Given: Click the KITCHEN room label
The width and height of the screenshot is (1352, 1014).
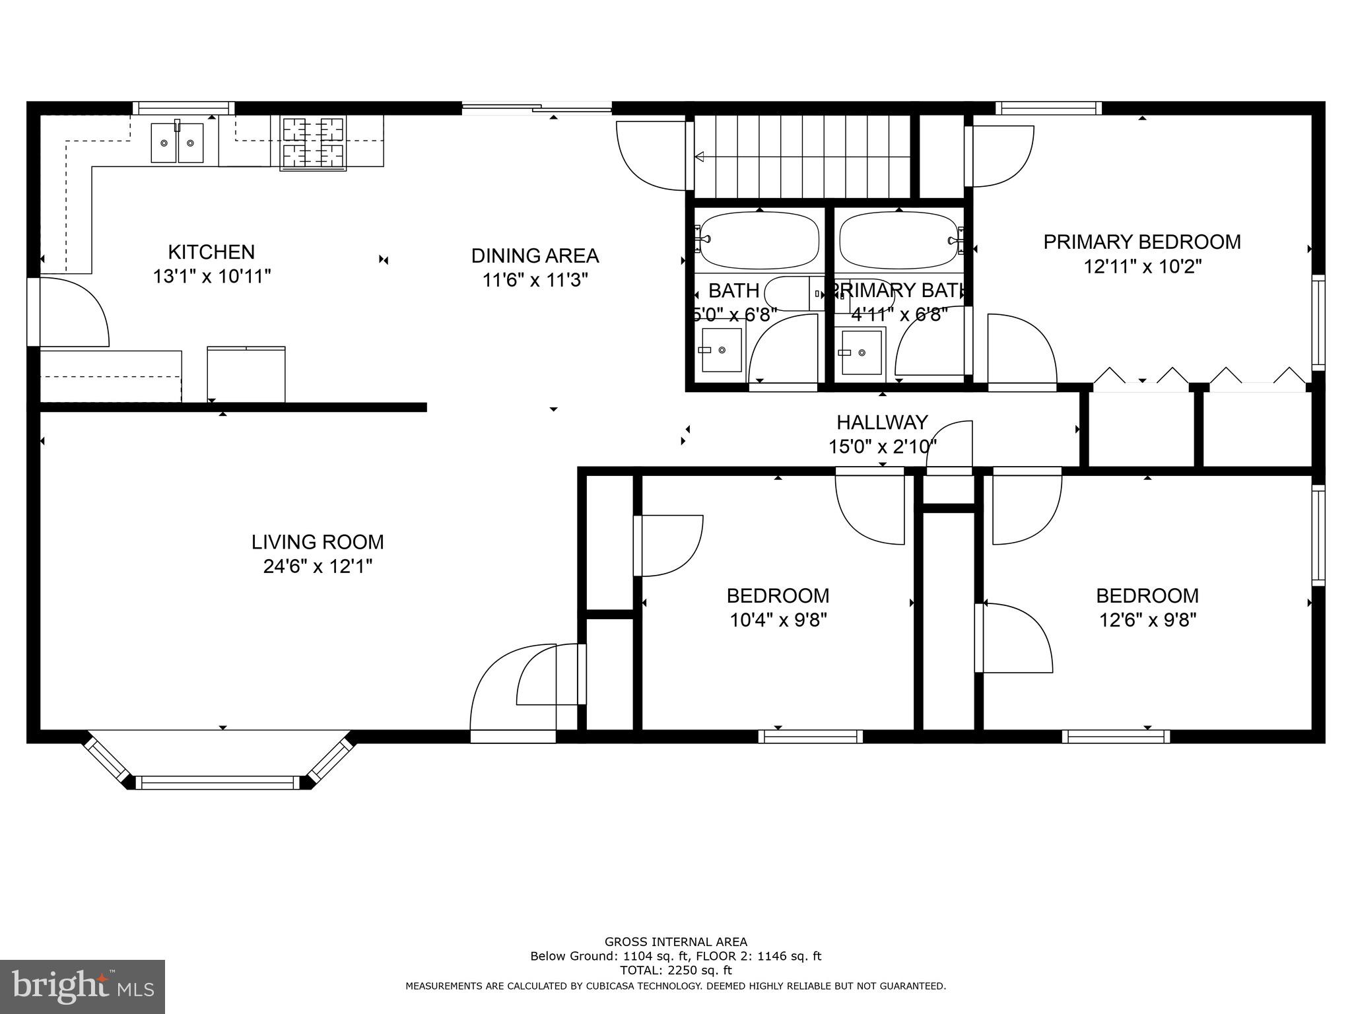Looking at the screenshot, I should click(x=211, y=252).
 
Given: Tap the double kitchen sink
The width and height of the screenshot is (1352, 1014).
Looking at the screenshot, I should click(x=177, y=143).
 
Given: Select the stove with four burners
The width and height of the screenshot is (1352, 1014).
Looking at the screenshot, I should click(x=314, y=144).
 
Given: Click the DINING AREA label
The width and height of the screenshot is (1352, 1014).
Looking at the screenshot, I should click(x=535, y=255).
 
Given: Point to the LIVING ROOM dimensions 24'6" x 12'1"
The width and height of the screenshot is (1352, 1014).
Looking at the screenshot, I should click(x=318, y=566).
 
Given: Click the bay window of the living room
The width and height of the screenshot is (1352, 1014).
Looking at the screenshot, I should click(x=219, y=782).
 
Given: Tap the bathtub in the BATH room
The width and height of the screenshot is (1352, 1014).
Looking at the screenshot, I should click(x=759, y=239).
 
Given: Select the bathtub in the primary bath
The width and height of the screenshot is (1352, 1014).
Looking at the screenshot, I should click(x=898, y=239).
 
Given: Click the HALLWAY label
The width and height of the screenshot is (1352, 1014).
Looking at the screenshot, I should click(x=882, y=422).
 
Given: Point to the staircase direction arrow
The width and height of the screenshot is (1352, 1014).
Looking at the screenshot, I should click(x=700, y=157).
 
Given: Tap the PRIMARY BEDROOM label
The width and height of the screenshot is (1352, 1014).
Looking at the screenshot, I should click(x=1141, y=242).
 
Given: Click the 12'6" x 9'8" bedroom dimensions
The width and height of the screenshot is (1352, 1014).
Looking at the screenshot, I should click(x=1147, y=621).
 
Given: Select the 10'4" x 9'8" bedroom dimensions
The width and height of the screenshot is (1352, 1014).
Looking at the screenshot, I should click(x=778, y=621).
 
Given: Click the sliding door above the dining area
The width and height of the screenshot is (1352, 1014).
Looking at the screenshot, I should click(x=536, y=108).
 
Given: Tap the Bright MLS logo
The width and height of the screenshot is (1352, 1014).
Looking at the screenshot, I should click(x=83, y=986).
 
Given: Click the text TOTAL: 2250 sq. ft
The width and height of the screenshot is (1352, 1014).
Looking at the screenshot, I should click(x=675, y=970).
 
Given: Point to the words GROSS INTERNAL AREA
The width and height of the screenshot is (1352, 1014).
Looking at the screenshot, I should click(x=675, y=942).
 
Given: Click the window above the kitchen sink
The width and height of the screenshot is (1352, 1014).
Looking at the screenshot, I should click(x=184, y=108).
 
